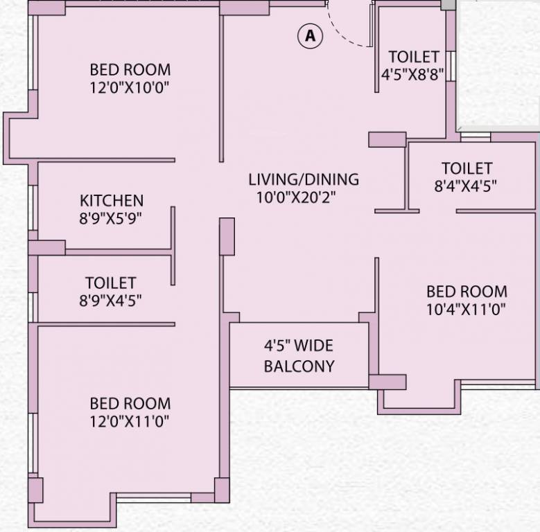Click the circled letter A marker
pos(310,35)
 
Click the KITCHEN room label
pos(112,201)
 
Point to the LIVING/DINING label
pos(304,179)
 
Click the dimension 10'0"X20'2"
pos(304,197)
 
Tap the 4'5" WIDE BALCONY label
pos(299,355)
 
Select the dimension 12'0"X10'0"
pos(130,87)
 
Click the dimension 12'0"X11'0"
pos(130,420)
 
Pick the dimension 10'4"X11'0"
pos(466,309)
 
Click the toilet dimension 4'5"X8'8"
pos(413,75)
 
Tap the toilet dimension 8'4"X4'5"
pos(467,186)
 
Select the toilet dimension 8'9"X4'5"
pos(111,301)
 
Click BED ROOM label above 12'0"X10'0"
pos(130,70)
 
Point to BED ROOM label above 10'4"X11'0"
pos(466,291)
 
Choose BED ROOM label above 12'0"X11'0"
pos(130,403)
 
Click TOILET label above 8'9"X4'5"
pos(111,283)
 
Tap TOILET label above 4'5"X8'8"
pos(413,57)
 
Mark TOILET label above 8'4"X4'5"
pos(467,168)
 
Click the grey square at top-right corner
pos(449,4)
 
